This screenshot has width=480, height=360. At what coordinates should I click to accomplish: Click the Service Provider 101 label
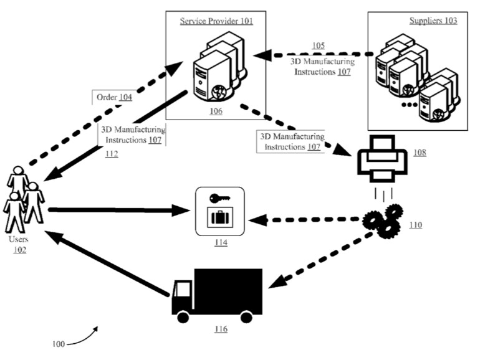pyautogui.click(x=216, y=21)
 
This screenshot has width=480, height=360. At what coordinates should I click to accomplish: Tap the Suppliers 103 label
pyautogui.click(x=433, y=21)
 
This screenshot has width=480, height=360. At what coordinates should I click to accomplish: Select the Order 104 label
pyautogui.click(x=113, y=97)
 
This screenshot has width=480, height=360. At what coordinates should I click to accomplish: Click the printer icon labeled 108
pyautogui.click(x=381, y=156)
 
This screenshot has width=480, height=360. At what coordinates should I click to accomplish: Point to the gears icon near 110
pyautogui.click(x=382, y=220)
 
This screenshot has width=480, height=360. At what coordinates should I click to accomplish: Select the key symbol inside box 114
pyautogui.click(x=218, y=199)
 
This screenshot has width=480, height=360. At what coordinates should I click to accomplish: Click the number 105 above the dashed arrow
pyautogui.click(x=318, y=45)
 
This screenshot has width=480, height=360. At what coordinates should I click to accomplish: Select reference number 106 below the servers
pyautogui.click(x=216, y=110)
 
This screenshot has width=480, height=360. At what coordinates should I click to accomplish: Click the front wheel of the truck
pyautogui.click(x=183, y=317)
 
